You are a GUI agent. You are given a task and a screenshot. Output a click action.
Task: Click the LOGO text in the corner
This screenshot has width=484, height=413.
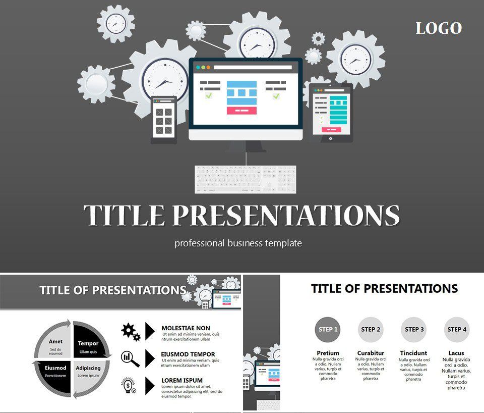pos(439,28)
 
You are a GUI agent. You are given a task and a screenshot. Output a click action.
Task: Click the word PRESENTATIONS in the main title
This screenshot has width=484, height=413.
pos(286,216)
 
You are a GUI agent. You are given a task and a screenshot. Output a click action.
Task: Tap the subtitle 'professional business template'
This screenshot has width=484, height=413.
pos(238,243)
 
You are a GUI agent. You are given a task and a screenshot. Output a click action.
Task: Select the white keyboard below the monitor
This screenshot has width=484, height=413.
pos(246,179)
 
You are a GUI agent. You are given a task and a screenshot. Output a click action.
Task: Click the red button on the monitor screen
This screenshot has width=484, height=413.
pos(241,110)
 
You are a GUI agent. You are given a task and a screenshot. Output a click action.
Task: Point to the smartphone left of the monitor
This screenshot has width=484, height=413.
pos(164,120)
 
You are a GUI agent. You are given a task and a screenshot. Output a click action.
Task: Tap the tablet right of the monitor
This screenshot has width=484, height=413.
pos(331,112)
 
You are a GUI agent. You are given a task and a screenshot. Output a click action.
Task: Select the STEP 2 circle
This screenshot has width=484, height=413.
pos(371,330)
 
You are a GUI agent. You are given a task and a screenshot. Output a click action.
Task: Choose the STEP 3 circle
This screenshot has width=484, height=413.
pos(414,330)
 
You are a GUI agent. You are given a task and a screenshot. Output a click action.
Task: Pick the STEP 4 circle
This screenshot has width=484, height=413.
pos(457,330)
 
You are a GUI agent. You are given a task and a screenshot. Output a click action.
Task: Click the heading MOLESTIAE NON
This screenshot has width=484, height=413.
pos(186,328)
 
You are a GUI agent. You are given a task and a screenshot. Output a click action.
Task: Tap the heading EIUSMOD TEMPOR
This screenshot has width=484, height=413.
pos(188,354)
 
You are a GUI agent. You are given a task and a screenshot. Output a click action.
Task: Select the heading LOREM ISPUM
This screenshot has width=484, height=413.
pos(182,381)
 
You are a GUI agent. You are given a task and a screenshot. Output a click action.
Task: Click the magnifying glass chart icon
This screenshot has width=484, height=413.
pos(130,358)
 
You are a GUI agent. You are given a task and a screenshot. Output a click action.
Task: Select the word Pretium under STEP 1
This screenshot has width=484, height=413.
pos(328,353)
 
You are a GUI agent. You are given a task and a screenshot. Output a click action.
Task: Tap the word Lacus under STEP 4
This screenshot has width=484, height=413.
pos(456,353)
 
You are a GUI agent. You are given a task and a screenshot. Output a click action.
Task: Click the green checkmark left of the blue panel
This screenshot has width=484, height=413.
pos(209,95)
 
